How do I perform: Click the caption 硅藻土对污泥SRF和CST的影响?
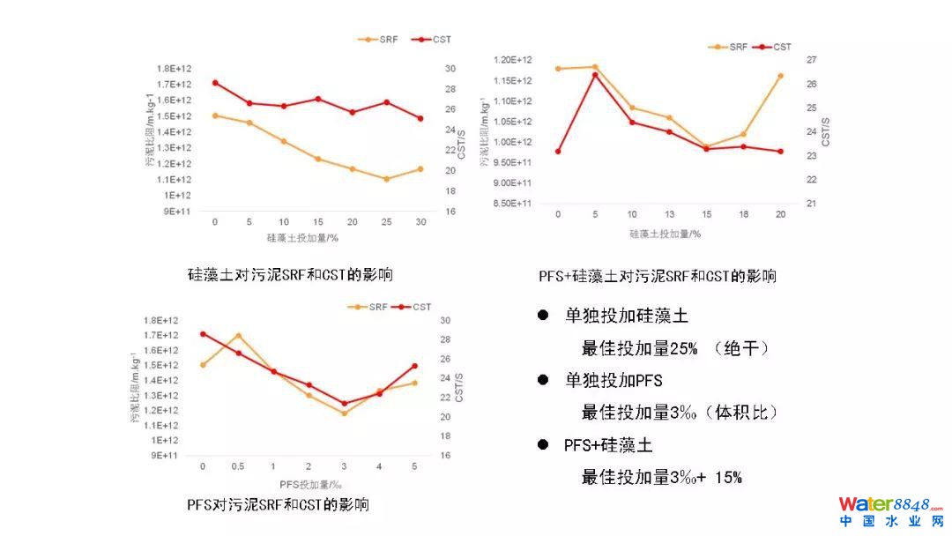click(x=290, y=275)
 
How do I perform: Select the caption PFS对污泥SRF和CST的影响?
click(x=278, y=505)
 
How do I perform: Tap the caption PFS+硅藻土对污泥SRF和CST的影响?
click(x=658, y=276)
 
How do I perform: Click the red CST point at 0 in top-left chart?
click(x=215, y=83)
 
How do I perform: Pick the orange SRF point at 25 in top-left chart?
click(x=386, y=179)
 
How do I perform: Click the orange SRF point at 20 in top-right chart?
click(x=780, y=76)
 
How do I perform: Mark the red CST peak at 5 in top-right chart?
click(x=595, y=75)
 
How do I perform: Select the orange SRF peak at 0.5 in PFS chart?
click(x=238, y=336)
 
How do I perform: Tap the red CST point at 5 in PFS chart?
click(x=414, y=366)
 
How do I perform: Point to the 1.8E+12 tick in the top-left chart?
click(x=174, y=69)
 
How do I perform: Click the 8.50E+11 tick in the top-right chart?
click(x=512, y=204)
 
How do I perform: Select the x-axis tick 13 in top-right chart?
click(x=669, y=215)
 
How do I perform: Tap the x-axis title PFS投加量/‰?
click(x=310, y=485)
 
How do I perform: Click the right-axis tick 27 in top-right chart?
click(x=811, y=60)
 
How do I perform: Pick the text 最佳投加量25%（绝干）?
click(x=675, y=348)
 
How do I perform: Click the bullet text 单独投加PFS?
click(x=614, y=381)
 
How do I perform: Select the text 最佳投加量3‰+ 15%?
click(x=661, y=478)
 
